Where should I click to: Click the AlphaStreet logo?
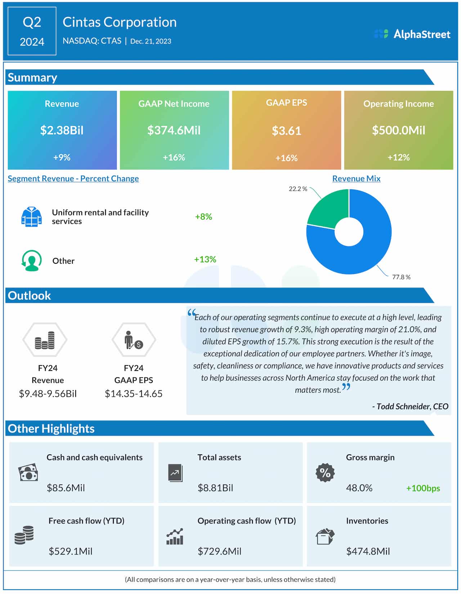point(412,34)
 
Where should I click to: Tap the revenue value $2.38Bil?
point(62,130)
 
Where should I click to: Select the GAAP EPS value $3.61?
point(286,131)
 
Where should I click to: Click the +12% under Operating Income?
point(398,157)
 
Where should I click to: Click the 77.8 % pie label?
point(401,277)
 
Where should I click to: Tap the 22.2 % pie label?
point(298,189)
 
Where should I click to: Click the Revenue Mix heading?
point(356,178)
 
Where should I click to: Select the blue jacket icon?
point(31,217)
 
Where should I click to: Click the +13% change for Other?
point(205,259)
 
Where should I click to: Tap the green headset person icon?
point(31,260)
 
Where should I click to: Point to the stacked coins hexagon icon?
point(45,340)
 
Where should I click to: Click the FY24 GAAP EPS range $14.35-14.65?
point(134,394)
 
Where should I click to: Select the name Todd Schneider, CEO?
point(411,406)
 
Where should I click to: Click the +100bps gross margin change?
point(423,488)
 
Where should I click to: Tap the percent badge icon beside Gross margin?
point(325,473)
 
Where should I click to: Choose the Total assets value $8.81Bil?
point(215,488)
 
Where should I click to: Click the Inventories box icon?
point(325,536)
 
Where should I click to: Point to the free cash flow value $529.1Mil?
point(71,551)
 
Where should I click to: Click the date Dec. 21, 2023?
point(151,41)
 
